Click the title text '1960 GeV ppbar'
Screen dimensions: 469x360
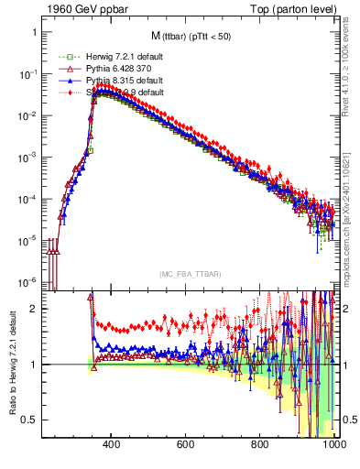81,8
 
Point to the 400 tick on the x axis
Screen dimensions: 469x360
112,445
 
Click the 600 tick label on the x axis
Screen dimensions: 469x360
186,445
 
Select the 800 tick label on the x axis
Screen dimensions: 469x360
261,445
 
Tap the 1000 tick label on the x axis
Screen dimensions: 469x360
332,445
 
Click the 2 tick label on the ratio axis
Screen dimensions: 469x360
35,309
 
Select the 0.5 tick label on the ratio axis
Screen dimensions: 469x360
30,420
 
